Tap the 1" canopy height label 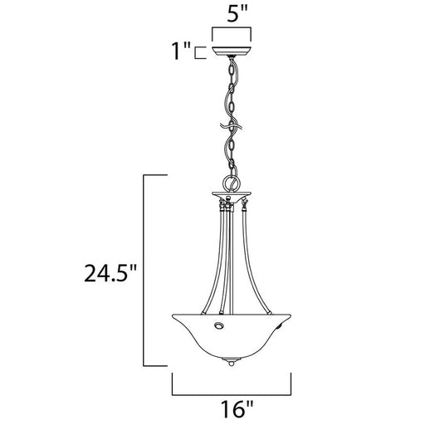(x=181, y=51)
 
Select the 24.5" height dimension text (x=110, y=273)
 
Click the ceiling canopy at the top (x=232, y=51)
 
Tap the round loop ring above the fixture (x=232, y=183)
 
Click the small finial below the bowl (x=232, y=363)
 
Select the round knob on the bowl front (x=219, y=325)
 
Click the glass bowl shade (x=232, y=337)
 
